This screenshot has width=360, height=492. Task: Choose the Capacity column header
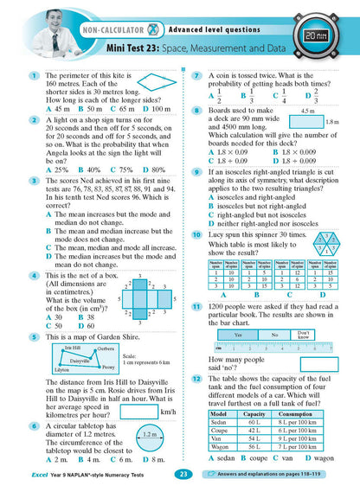click(x=257, y=414)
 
